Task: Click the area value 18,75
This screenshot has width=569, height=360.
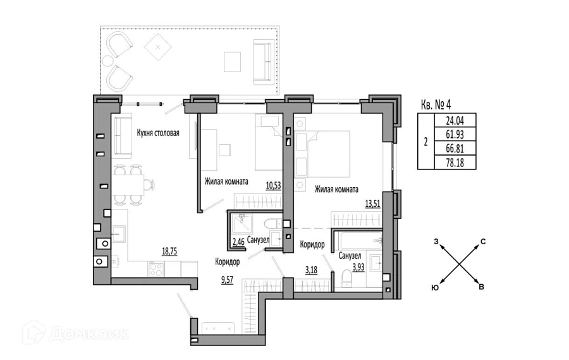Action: (x=169, y=251)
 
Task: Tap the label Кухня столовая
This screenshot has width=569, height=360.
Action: (x=158, y=133)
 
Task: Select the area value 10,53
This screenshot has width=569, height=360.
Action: (x=274, y=185)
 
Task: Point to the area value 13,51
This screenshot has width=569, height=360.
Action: (x=372, y=204)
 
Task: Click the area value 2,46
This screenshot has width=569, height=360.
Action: (x=238, y=242)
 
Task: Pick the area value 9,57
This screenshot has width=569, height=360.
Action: (x=227, y=280)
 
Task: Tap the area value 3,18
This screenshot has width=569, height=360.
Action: (x=311, y=270)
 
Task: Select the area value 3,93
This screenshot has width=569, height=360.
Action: (x=358, y=268)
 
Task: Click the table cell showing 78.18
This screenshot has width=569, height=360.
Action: (x=455, y=163)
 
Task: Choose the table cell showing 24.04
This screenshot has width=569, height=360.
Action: (x=455, y=120)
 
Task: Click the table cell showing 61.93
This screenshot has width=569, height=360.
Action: (x=455, y=134)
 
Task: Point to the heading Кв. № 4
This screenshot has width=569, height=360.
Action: (x=436, y=105)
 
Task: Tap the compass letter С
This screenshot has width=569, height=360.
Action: (x=483, y=242)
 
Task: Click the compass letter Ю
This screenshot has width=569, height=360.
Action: (x=435, y=288)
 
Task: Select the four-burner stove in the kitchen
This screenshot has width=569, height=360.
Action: (x=156, y=270)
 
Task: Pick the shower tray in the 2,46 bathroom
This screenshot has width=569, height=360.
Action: (x=242, y=223)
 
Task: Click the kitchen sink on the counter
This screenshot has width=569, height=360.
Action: (x=119, y=234)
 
